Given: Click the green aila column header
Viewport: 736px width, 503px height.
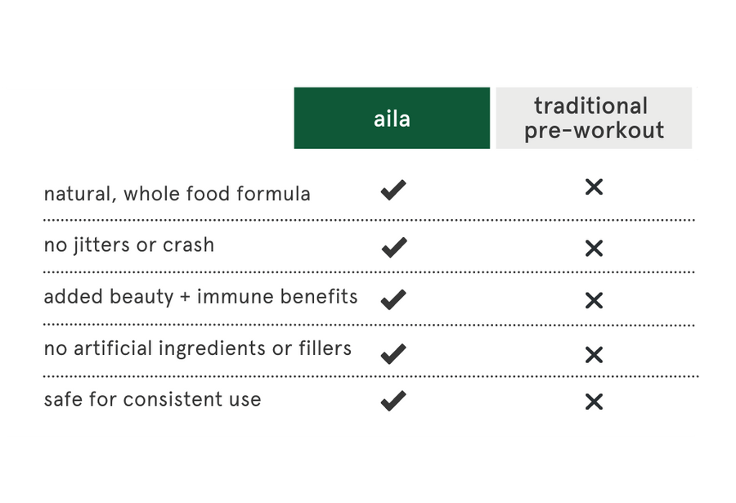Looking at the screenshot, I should (x=392, y=119).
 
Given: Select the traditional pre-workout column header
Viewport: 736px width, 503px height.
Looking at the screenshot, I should (x=594, y=119).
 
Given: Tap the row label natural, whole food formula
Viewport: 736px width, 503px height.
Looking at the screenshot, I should (x=177, y=194).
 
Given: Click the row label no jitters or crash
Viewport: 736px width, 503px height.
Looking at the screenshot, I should (x=128, y=245).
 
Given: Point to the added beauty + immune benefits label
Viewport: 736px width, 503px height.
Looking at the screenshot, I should (x=200, y=297).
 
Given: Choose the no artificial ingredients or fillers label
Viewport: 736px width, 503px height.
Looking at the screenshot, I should (x=197, y=348).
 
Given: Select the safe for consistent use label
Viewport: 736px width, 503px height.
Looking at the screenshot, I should (x=152, y=400).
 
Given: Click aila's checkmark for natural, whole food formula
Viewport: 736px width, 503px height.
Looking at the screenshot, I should (x=393, y=191).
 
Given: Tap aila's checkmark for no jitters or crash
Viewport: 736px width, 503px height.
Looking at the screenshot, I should (x=393, y=248).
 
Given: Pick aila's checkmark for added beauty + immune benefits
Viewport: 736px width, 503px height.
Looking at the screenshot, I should (x=393, y=299).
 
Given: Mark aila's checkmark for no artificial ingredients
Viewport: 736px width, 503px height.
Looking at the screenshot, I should (x=393, y=353).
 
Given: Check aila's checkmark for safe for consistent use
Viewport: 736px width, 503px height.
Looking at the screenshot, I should (x=393, y=401).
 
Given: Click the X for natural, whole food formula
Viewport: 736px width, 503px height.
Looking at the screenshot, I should (x=594, y=187).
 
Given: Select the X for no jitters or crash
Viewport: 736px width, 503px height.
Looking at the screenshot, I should (x=594, y=248).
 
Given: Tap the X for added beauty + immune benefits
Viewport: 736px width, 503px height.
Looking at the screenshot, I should (x=594, y=300).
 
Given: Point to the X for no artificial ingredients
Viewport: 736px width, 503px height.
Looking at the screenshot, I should (x=594, y=354).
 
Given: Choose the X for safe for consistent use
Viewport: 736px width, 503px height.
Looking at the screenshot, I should (x=594, y=402).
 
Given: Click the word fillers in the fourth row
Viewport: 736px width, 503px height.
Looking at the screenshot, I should (x=325, y=348).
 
